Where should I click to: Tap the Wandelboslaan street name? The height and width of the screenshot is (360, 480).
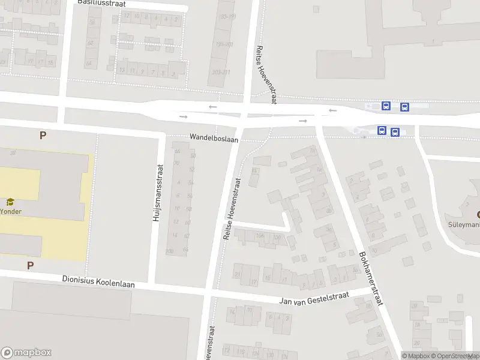point(214,138)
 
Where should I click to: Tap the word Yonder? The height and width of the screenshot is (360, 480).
point(10,212)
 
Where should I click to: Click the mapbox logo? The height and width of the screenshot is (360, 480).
point(26,353)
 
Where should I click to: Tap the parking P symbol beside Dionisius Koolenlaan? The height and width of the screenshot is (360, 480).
point(30,265)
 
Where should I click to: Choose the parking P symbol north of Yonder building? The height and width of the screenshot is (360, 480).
point(43,136)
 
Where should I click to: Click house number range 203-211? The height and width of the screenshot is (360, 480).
point(221,72)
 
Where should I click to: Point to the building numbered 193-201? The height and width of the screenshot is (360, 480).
point(224,44)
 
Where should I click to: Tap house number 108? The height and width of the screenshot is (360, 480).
point(260,236)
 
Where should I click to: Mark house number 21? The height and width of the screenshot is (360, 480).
point(238,275)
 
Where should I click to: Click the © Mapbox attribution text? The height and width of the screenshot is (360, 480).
point(416,356)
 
